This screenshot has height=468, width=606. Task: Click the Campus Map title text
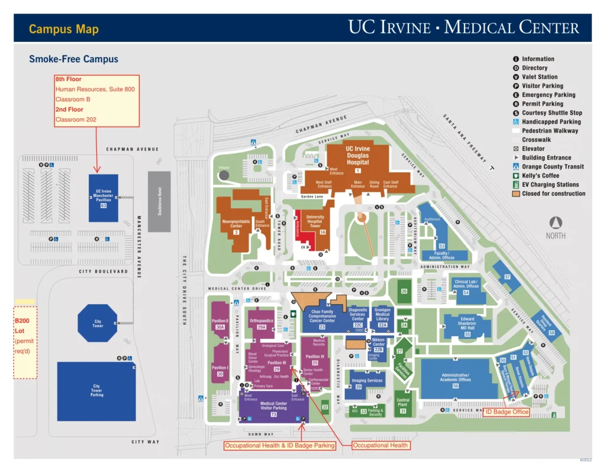click(x=64, y=29)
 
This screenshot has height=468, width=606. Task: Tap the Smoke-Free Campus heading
click(x=73, y=59)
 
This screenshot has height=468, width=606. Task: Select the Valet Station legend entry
click(x=539, y=77)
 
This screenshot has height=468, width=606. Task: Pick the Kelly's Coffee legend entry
click(x=540, y=176)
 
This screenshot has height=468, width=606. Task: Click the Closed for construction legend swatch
click(x=516, y=193)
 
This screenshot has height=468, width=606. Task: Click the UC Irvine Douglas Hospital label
click(x=357, y=156)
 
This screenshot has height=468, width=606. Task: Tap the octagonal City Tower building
click(x=98, y=324)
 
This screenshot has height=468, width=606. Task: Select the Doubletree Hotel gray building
click(x=159, y=193)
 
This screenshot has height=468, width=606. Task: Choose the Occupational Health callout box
click(x=381, y=446)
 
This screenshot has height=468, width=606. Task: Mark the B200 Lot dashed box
click(x=25, y=342)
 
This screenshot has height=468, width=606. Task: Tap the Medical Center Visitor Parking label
click(x=273, y=406)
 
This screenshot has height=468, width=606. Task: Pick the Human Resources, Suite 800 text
click(x=95, y=89)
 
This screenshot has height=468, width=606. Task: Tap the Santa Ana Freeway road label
click(x=466, y=138)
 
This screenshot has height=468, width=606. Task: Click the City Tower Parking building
click(x=96, y=391)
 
